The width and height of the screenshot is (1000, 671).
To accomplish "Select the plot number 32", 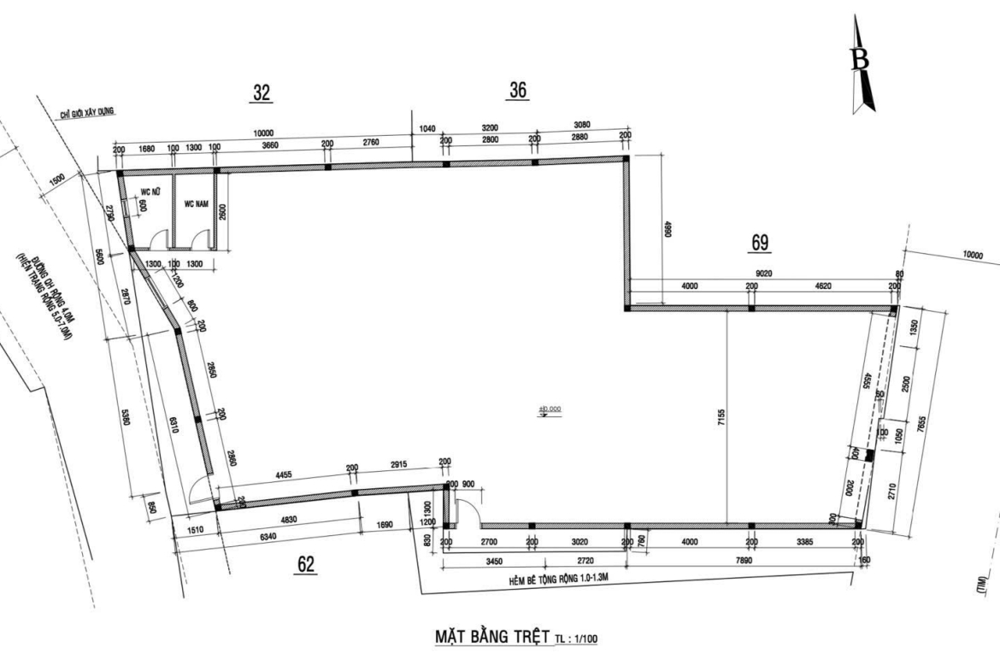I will (x=262, y=94).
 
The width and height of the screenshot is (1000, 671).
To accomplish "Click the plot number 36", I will (x=517, y=90).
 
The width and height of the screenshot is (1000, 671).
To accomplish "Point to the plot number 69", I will (x=760, y=243).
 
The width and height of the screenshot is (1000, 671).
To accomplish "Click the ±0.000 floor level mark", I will (x=550, y=409).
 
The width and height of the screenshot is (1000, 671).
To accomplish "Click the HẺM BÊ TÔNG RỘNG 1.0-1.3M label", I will (x=560, y=580).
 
